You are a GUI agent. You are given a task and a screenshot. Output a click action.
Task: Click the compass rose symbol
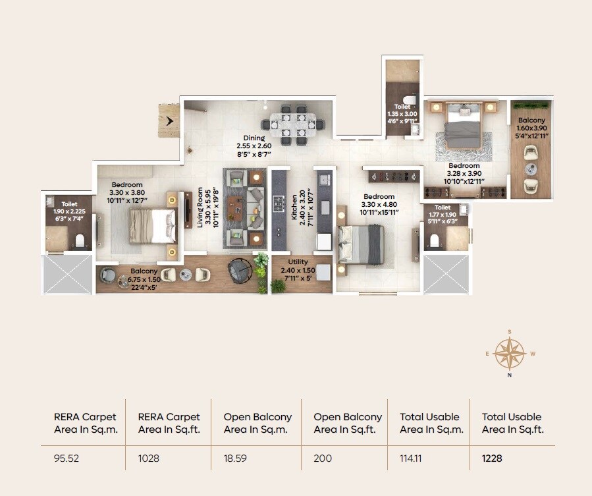pos(510,353)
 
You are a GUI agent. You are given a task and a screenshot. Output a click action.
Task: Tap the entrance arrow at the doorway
pos(171,121)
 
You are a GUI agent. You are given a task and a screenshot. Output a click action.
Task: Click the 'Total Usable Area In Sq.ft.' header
pos(512,423)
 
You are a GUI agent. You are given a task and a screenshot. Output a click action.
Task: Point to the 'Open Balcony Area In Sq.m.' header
pos(257,423)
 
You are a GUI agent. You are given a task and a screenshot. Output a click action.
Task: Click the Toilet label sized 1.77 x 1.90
pos(442,212)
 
